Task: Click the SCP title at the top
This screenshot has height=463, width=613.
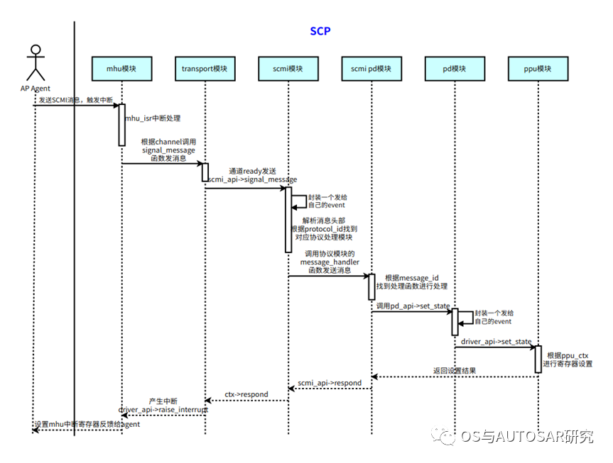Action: click(x=320, y=31)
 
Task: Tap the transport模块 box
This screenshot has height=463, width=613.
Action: click(x=204, y=69)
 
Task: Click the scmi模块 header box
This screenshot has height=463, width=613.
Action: click(x=288, y=69)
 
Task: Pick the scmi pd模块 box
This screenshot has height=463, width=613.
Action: click(x=371, y=69)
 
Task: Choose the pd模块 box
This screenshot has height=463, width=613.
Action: click(x=455, y=69)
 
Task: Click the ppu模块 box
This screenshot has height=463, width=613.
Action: click(x=538, y=69)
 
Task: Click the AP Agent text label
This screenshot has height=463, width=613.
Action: click(x=35, y=89)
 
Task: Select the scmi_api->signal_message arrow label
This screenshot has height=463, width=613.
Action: click(x=252, y=181)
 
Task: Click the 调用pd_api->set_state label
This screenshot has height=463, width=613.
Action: click(x=413, y=305)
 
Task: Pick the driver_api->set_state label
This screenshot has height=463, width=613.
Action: click(x=496, y=342)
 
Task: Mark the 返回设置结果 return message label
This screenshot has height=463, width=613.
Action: click(x=454, y=370)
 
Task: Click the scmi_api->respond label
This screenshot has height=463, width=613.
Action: click(x=330, y=383)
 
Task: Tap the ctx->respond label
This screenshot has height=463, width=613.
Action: click(x=246, y=394)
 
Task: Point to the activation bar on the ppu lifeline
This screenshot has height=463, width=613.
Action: click(x=538, y=359)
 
